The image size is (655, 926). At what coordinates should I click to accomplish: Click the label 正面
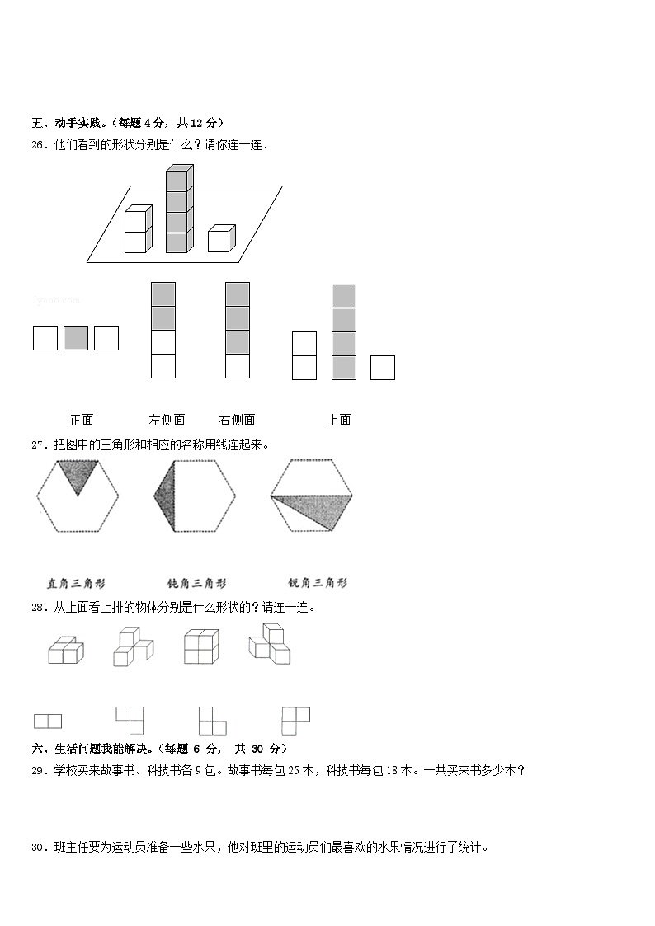click(x=82, y=420)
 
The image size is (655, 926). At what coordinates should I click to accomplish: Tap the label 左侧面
click(x=167, y=420)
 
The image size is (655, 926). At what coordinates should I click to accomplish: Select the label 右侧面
click(x=237, y=420)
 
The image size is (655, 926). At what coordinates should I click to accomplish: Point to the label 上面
click(x=339, y=420)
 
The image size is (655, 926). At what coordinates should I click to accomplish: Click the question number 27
click(x=39, y=445)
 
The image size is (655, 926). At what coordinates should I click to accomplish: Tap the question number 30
click(x=39, y=847)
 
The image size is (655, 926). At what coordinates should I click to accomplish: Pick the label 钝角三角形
click(x=196, y=583)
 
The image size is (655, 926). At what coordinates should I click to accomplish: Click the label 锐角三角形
click(x=318, y=583)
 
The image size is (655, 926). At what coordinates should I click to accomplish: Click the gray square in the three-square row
click(x=76, y=338)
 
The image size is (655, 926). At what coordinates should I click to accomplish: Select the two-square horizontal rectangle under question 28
click(x=48, y=722)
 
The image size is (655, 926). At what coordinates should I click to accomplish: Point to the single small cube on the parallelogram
click(x=220, y=239)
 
